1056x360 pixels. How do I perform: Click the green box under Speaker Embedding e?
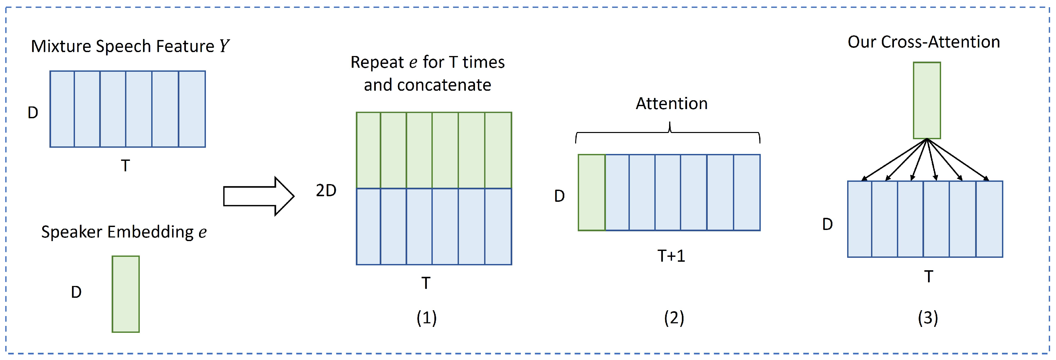(126, 294)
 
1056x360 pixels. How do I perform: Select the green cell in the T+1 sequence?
(592, 193)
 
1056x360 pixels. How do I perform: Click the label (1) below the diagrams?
(426, 318)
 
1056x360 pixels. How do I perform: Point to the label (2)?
(674, 318)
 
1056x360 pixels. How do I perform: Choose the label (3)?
(928, 318)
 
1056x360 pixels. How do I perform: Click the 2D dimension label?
(326, 190)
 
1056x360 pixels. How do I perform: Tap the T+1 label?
(671, 256)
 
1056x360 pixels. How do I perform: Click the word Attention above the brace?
(671, 103)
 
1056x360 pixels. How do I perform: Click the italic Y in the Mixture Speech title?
(224, 46)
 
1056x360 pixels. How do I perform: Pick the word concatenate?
(444, 85)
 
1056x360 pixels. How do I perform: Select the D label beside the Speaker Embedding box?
(76, 292)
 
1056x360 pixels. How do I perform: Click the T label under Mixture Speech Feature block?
(125, 166)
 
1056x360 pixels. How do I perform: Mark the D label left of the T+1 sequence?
(559, 196)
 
